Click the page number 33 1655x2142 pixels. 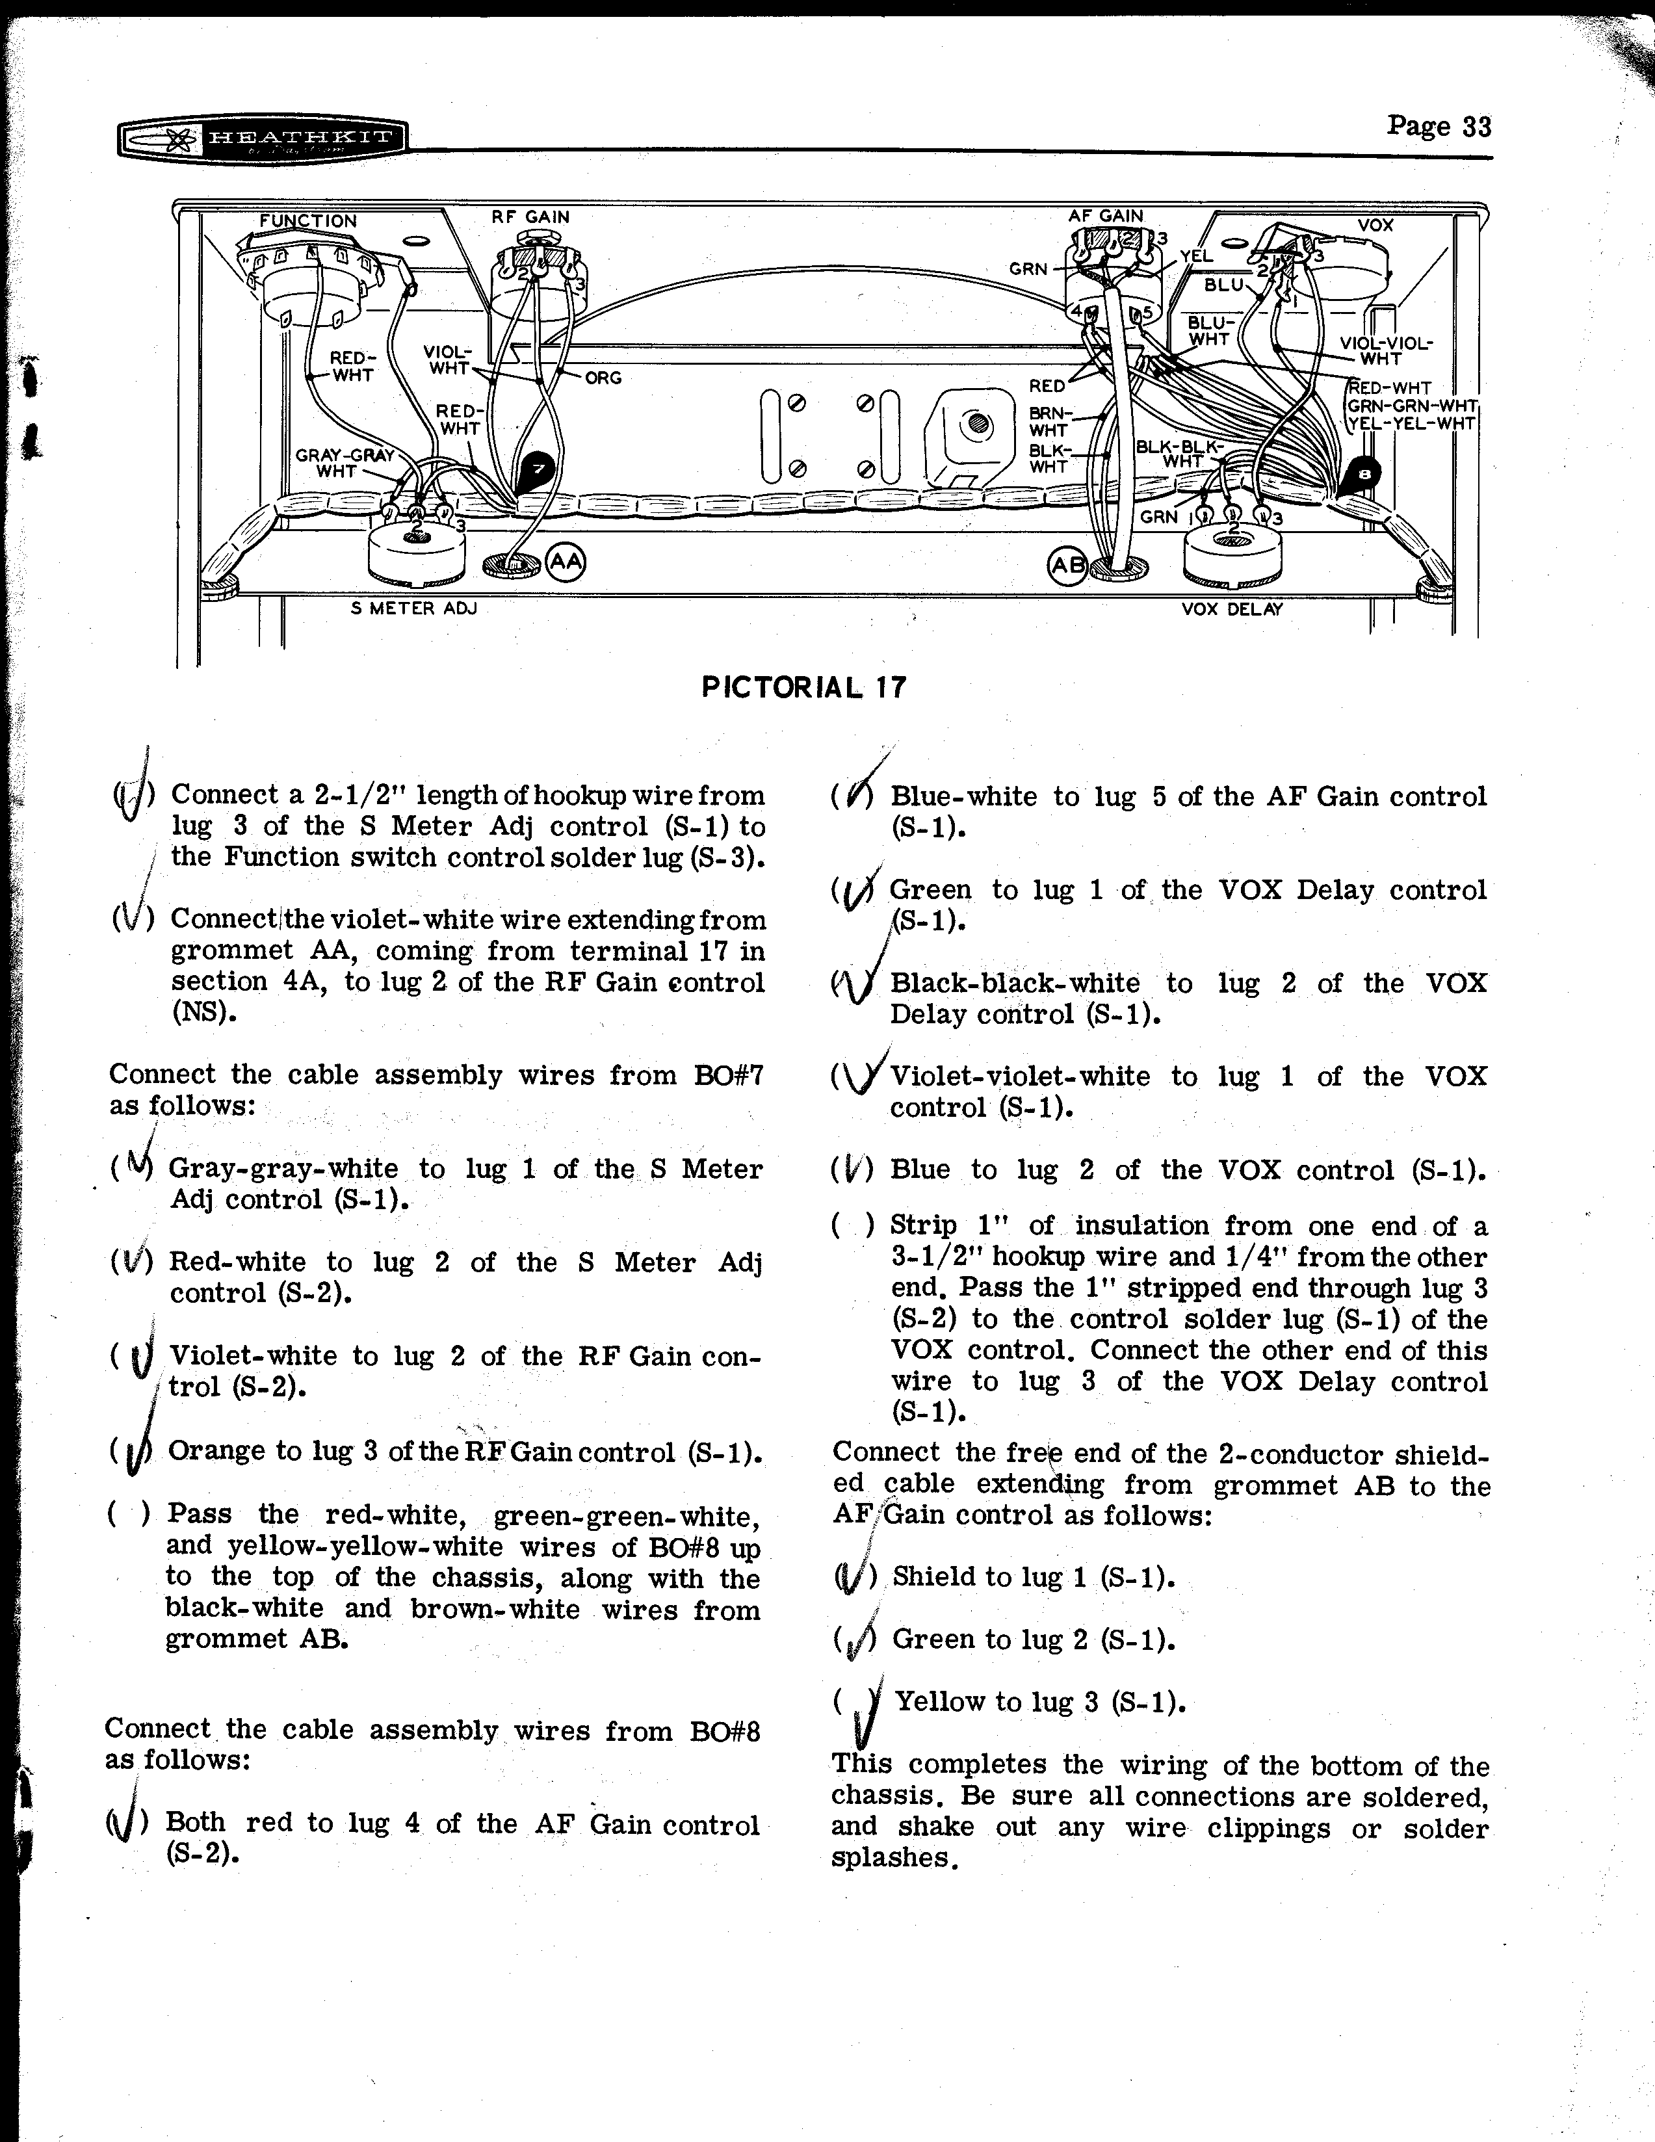tap(1439, 127)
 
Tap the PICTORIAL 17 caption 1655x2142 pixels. tap(804, 686)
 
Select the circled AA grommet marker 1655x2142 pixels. tap(565, 562)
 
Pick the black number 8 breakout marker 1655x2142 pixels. tap(1363, 476)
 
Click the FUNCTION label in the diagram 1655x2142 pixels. tap(308, 220)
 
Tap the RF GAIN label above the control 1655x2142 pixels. tap(530, 216)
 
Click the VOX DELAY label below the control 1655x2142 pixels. tap(1231, 609)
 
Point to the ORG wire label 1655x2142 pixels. tap(603, 378)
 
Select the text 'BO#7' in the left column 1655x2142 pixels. tap(727, 1075)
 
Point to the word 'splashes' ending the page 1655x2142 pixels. tap(891, 1859)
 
